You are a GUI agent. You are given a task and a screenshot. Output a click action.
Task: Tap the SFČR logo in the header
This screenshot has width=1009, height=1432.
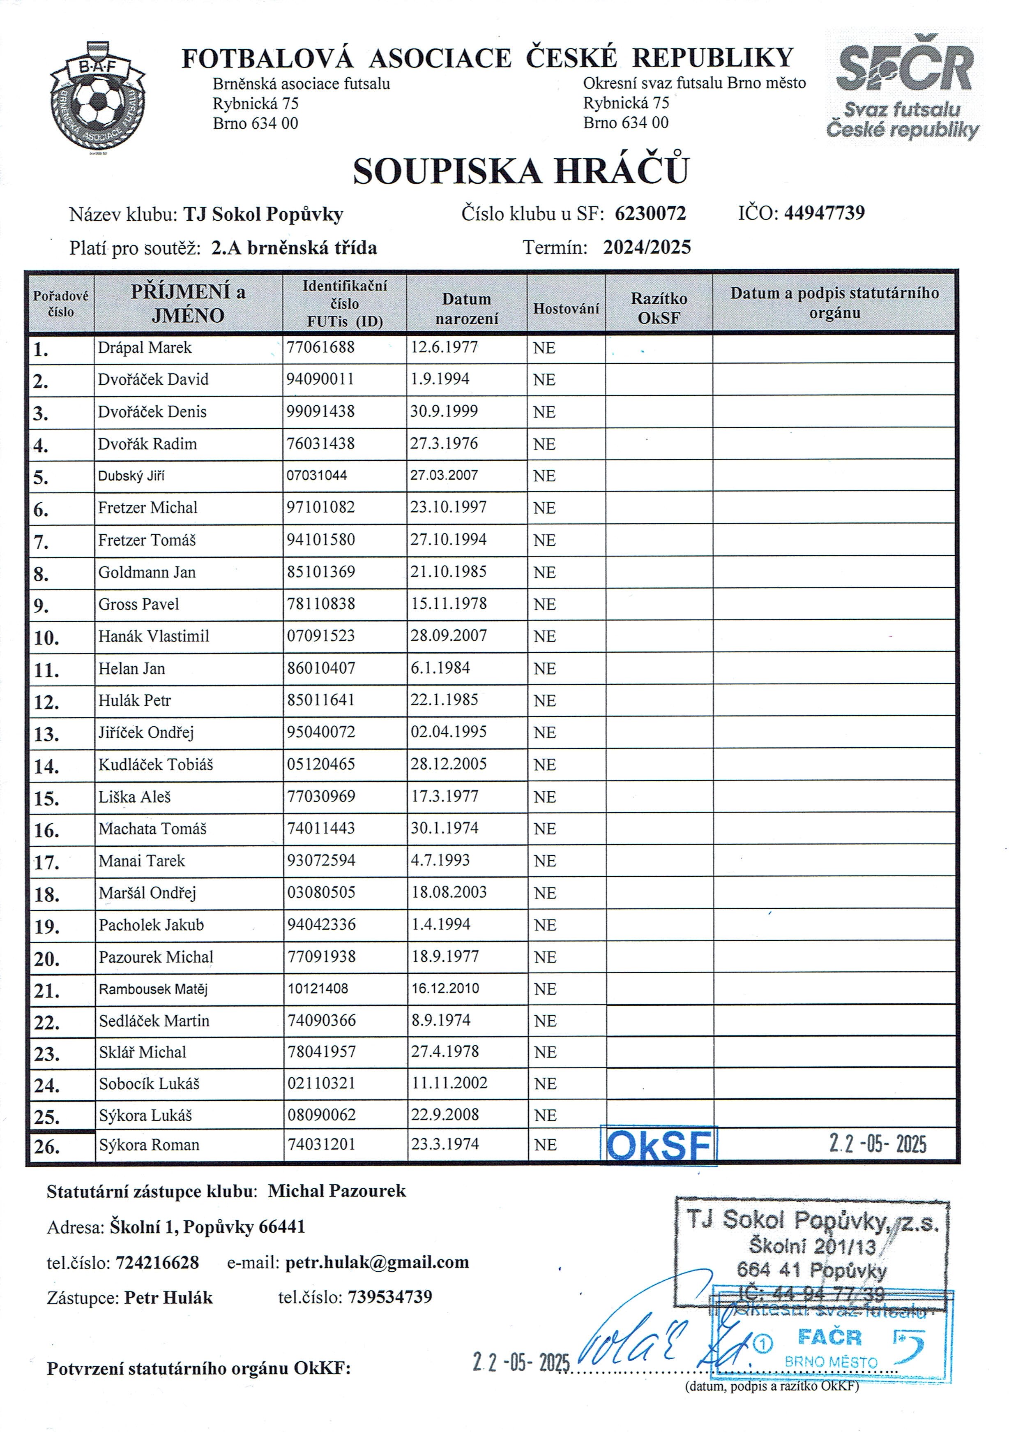pyautogui.click(x=904, y=87)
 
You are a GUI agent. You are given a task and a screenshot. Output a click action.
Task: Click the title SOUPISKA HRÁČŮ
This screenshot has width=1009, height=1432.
pyautogui.click(x=521, y=170)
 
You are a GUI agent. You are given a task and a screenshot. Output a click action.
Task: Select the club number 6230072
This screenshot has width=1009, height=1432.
pyautogui.click(x=650, y=214)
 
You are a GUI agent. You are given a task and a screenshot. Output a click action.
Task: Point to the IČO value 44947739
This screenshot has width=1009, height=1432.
pyautogui.click(x=824, y=212)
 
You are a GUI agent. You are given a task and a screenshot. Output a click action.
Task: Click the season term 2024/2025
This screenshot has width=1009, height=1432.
pyautogui.click(x=647, y=247)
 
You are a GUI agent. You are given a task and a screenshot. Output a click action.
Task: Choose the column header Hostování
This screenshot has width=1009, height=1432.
pyautogui.click(x=566, y=309)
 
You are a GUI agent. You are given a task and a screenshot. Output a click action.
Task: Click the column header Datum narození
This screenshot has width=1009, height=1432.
pyautogui.click(x=466, y=309)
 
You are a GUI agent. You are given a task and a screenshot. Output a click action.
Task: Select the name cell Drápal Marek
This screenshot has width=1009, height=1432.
pyautogui.click(x=145, y=347)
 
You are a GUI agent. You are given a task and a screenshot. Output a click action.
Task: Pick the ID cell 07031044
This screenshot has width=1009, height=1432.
pyautogui.click(x=317, y=475)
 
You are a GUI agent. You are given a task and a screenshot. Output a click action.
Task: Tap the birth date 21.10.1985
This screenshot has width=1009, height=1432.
pyautogui.click(x=448, y=571)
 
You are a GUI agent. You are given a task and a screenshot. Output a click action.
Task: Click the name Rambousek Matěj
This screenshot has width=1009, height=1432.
pyautogui.click(x=153, y=989)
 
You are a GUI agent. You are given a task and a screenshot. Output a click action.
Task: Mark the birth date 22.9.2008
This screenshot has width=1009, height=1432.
pyautogui.click(x=445, y=1115)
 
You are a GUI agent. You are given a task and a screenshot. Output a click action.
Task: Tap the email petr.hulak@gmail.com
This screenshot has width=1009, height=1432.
pyautogui.click(x=377, y=1262)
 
